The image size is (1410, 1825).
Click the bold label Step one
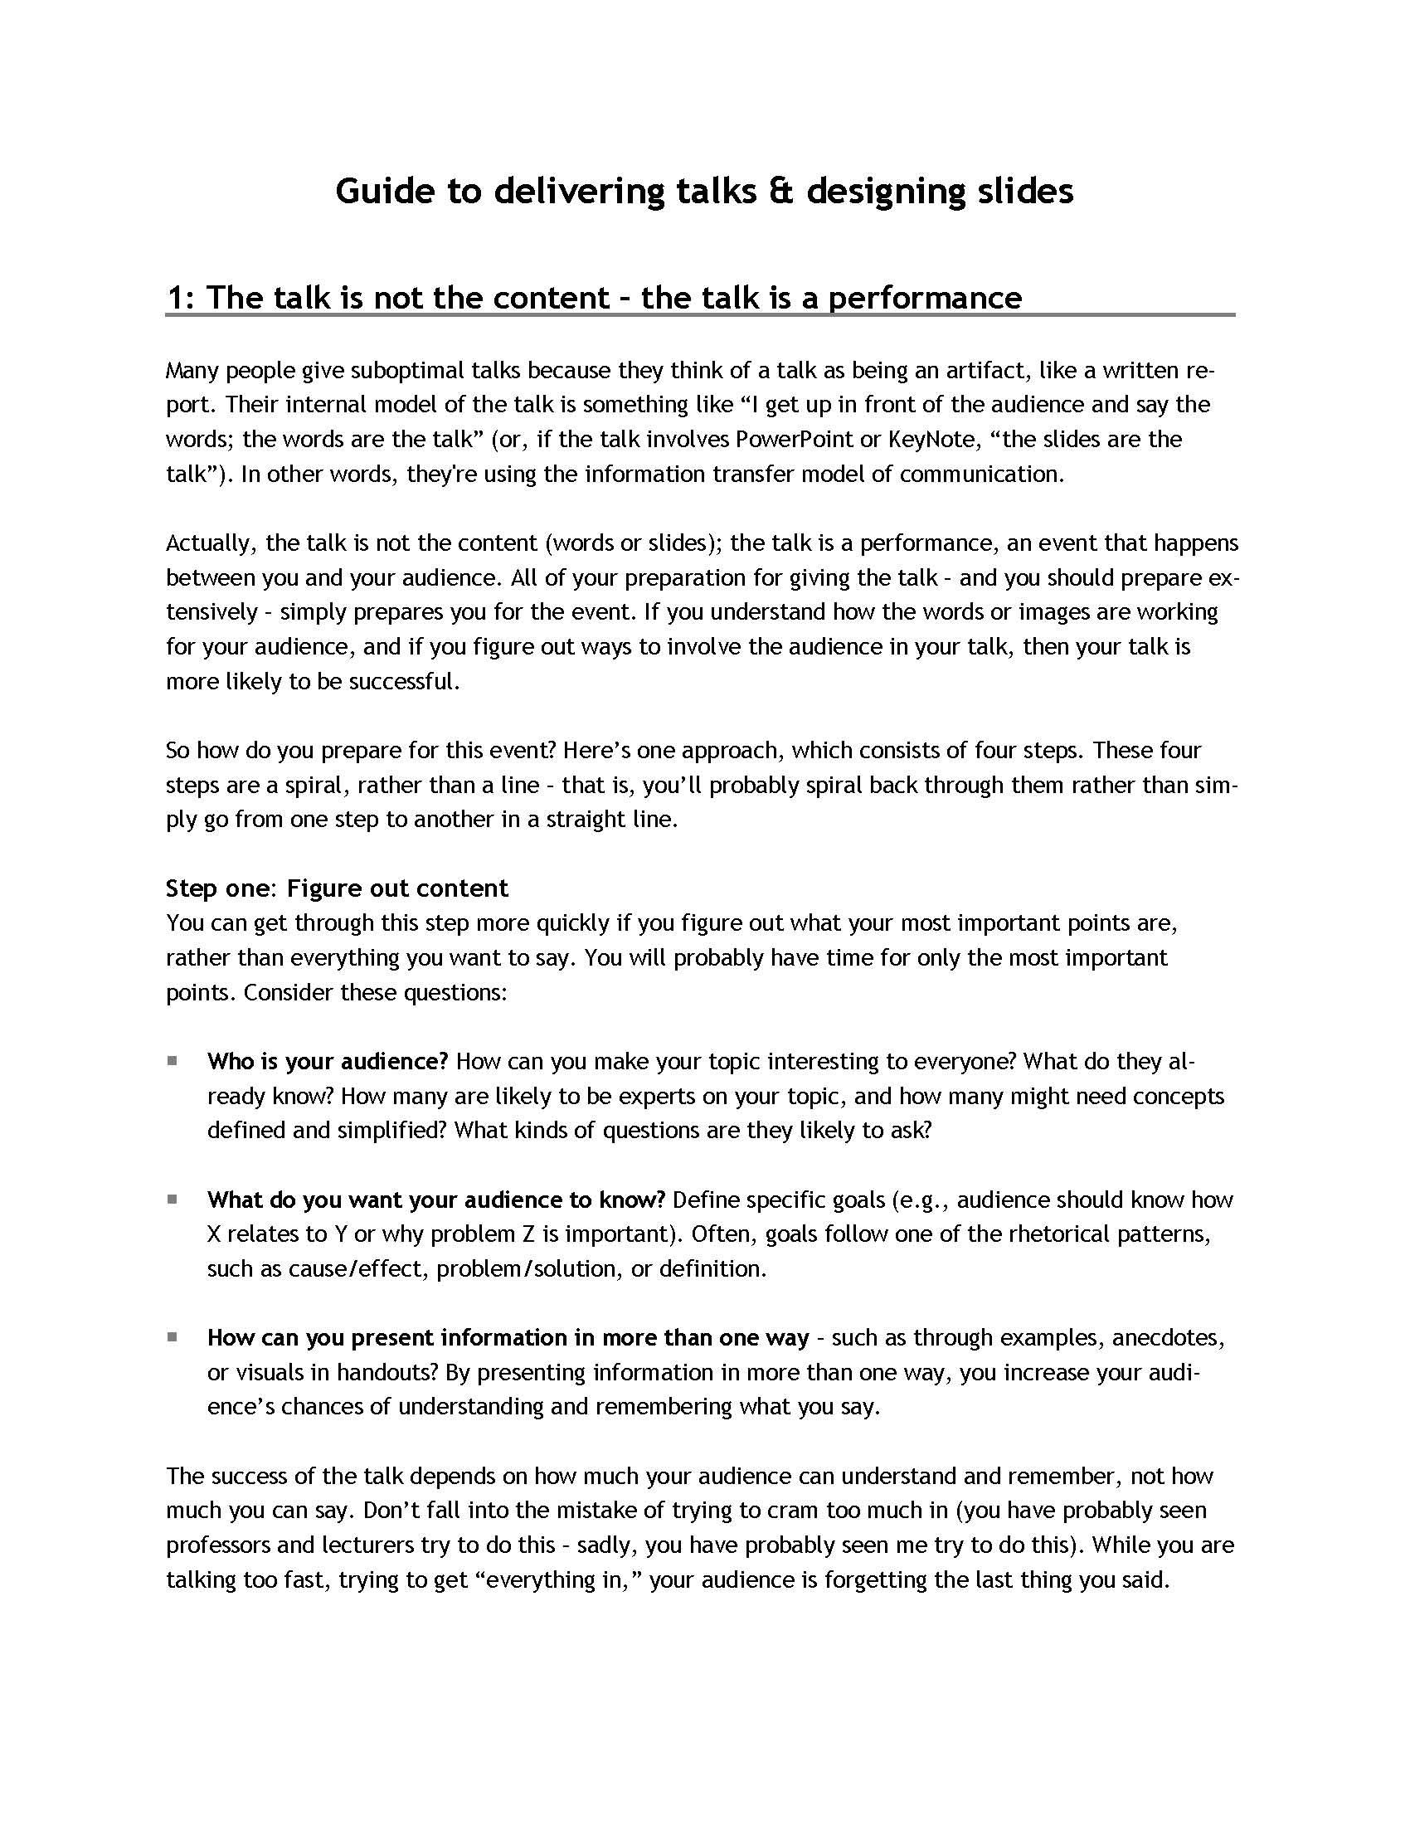[216, 888]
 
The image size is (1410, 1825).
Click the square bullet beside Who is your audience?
[172, 1060]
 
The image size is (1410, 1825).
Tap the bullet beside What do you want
[172, 1200]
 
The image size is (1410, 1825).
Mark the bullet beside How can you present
[172, 1337]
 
